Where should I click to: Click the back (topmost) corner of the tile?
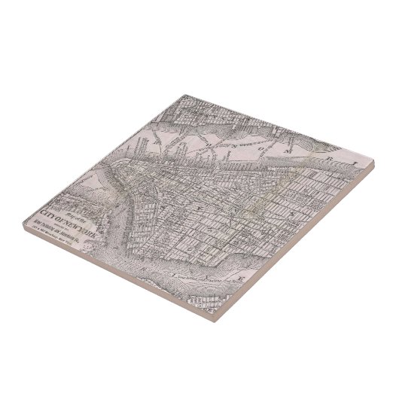(181, 94)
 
